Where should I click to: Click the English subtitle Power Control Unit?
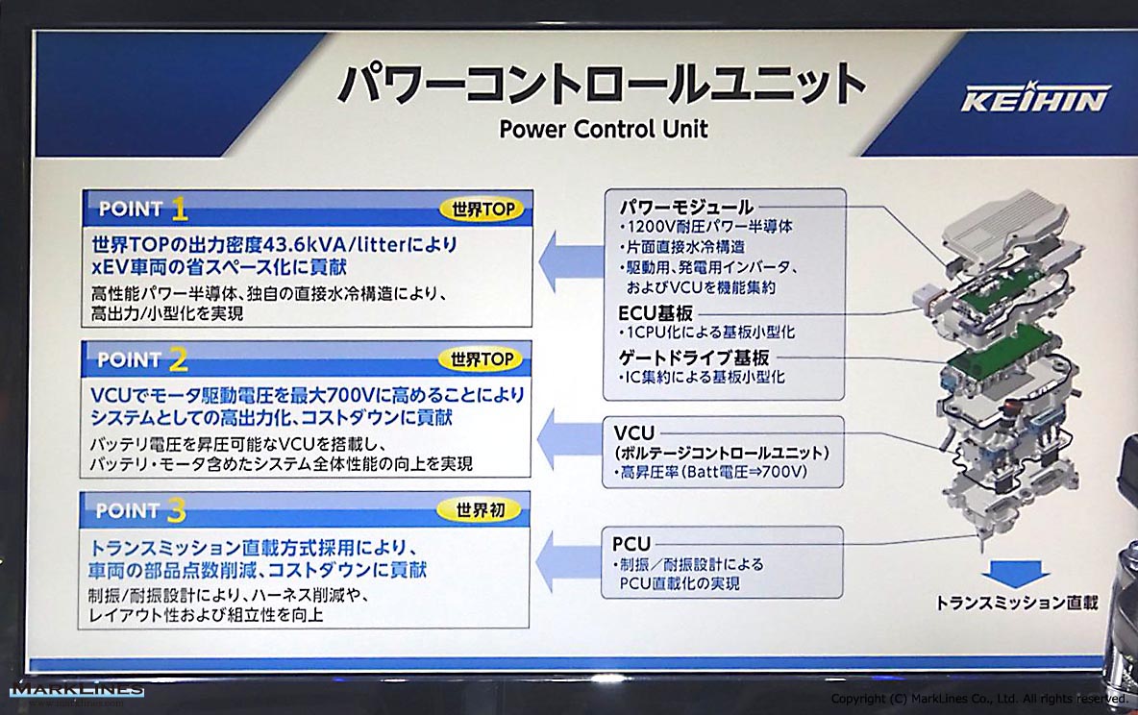(x=603, y=129)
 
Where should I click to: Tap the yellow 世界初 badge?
(x=480, y=510)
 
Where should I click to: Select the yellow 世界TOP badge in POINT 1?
(x=482, y=210)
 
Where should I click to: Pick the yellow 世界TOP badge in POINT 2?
(x=482, y=359)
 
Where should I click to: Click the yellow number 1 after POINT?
(x=180, y=210)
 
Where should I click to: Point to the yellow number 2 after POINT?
(x=179, y=359)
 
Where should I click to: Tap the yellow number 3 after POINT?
(x=176, y=511)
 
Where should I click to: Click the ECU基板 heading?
(x=656, y=313)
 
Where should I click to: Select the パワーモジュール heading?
(x=686, y=207)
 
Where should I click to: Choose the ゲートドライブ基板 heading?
(x=694, y=357)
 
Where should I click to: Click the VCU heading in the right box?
(x=633, y=433)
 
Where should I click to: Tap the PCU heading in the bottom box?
(x=631, y=544)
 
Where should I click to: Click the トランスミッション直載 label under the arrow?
(x=1016, y=603)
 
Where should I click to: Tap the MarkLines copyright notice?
(x=979, y=699)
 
